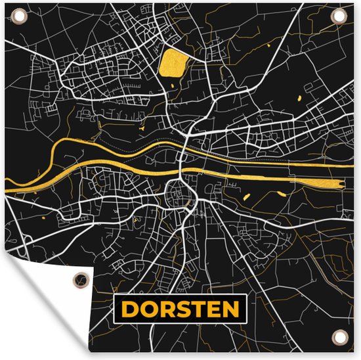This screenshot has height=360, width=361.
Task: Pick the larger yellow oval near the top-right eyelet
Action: pos(298,98)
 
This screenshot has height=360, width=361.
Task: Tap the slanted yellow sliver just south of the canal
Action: pos(247,196)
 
